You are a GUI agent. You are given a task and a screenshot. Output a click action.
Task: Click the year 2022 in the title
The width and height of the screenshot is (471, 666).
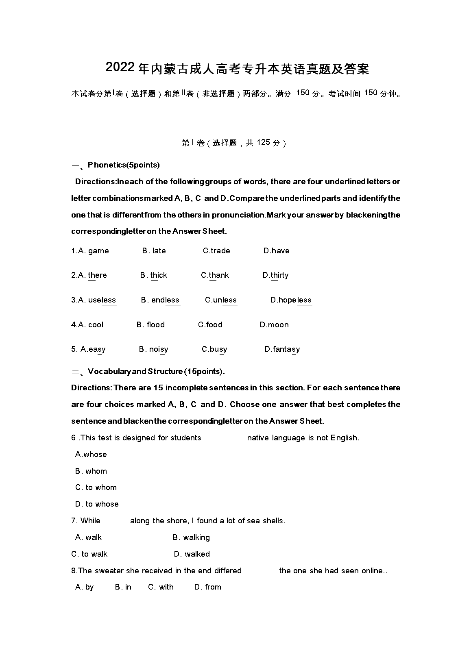click(120, 68)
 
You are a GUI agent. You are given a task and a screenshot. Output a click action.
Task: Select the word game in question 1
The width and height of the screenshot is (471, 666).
click(98, 251)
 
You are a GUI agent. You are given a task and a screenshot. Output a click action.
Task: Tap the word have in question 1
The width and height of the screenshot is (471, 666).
click(280, 251)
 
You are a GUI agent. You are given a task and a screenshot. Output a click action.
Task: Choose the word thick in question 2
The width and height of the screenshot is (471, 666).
click(159, 275)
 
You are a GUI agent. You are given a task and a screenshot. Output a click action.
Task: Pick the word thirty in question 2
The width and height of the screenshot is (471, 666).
click(279, 275)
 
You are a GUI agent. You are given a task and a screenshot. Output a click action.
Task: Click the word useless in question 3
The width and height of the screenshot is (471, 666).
click(102, 300)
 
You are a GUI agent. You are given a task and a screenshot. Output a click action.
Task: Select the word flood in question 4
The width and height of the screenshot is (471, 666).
click(156, 325)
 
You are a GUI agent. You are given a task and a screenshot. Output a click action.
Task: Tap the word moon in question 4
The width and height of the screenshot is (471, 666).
click(278, 325)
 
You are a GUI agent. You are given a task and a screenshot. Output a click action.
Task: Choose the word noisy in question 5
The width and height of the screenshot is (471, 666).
click(159, 349)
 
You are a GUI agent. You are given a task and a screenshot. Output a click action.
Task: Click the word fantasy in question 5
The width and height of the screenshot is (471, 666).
click(286, 349)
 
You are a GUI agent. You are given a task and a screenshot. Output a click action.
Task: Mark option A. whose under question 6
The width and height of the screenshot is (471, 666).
click(91, 455)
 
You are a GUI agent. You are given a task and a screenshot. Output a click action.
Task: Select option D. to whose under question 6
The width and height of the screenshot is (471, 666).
click(97, 504)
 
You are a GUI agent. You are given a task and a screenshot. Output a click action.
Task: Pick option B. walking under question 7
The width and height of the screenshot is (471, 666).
click(191, 538)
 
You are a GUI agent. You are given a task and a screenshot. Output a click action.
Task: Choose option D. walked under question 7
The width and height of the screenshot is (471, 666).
click(192, 554)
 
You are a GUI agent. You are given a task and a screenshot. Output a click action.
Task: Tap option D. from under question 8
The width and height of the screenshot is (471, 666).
click(208, 587)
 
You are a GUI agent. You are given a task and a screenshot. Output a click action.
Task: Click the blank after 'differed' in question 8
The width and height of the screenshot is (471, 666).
click(260, 572)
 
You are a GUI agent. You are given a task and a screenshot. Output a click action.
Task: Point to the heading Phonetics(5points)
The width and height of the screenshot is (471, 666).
click(124, 165)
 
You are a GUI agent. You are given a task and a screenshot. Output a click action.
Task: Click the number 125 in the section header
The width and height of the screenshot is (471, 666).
click(264, 142)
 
